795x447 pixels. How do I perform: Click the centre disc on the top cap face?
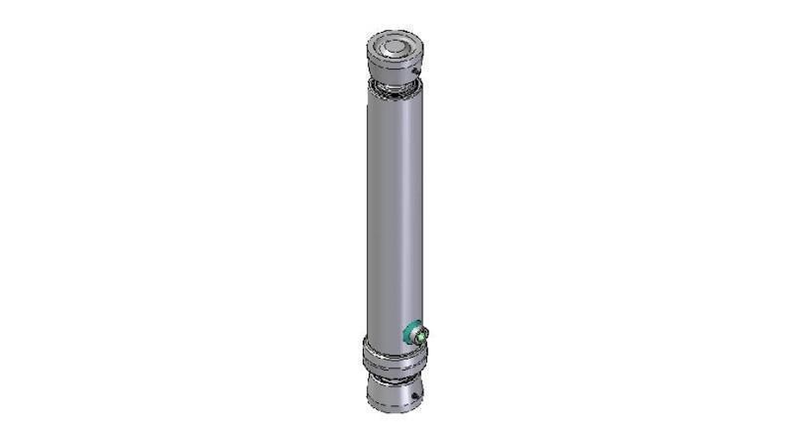396,45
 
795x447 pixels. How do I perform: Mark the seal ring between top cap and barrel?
394,89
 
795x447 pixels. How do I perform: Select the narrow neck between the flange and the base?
393,374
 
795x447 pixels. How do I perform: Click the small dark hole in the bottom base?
414,396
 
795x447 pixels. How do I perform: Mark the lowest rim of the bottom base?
394,409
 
